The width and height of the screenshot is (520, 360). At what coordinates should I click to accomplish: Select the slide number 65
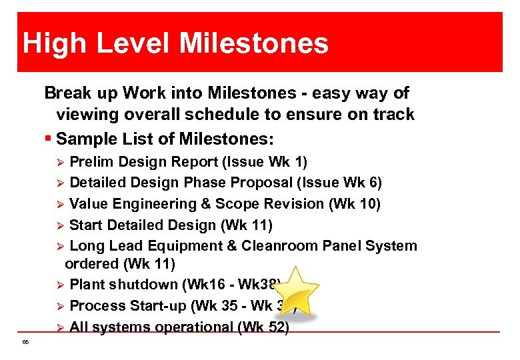coord(25,342)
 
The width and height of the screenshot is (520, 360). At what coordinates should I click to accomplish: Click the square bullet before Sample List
coord(49,140)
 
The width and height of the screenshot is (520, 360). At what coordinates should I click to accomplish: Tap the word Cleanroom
coord(279,246)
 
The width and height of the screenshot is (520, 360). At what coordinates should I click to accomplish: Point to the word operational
coord(193,327)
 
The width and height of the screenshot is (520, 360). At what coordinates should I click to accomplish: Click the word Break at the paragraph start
coord(66,93)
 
